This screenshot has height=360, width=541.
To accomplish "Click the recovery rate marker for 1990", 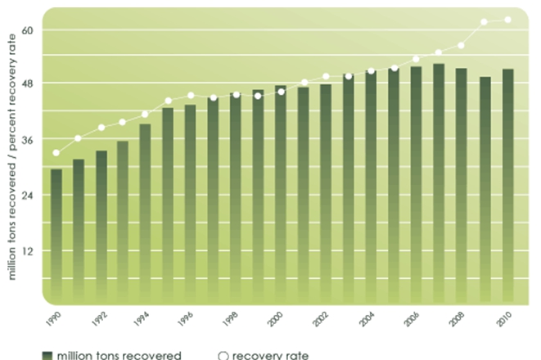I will click(56, 153).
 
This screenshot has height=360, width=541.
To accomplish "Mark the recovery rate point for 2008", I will click(462, 45).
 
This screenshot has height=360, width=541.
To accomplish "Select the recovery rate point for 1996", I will click(191, 96).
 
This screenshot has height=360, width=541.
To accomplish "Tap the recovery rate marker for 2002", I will click(326, 77).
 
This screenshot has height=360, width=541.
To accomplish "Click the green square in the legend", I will click(47, 355).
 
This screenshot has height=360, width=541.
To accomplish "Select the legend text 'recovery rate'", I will click(264, 355).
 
